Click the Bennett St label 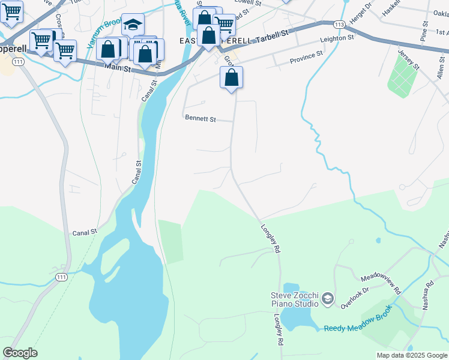point(200,119)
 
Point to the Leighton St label point(337,38)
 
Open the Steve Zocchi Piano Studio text point(294,299)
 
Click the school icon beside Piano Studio point(328,298)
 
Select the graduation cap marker point(133,25)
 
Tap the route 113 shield point(339,25)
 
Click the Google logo point(20,353)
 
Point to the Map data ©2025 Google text point(412,355)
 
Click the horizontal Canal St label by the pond point(85,232)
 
